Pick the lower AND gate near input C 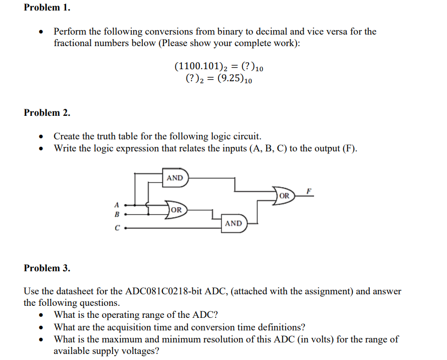233,223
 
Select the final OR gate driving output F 284,196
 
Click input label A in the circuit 117,205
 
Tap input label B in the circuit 117,214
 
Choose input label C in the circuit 117,229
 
